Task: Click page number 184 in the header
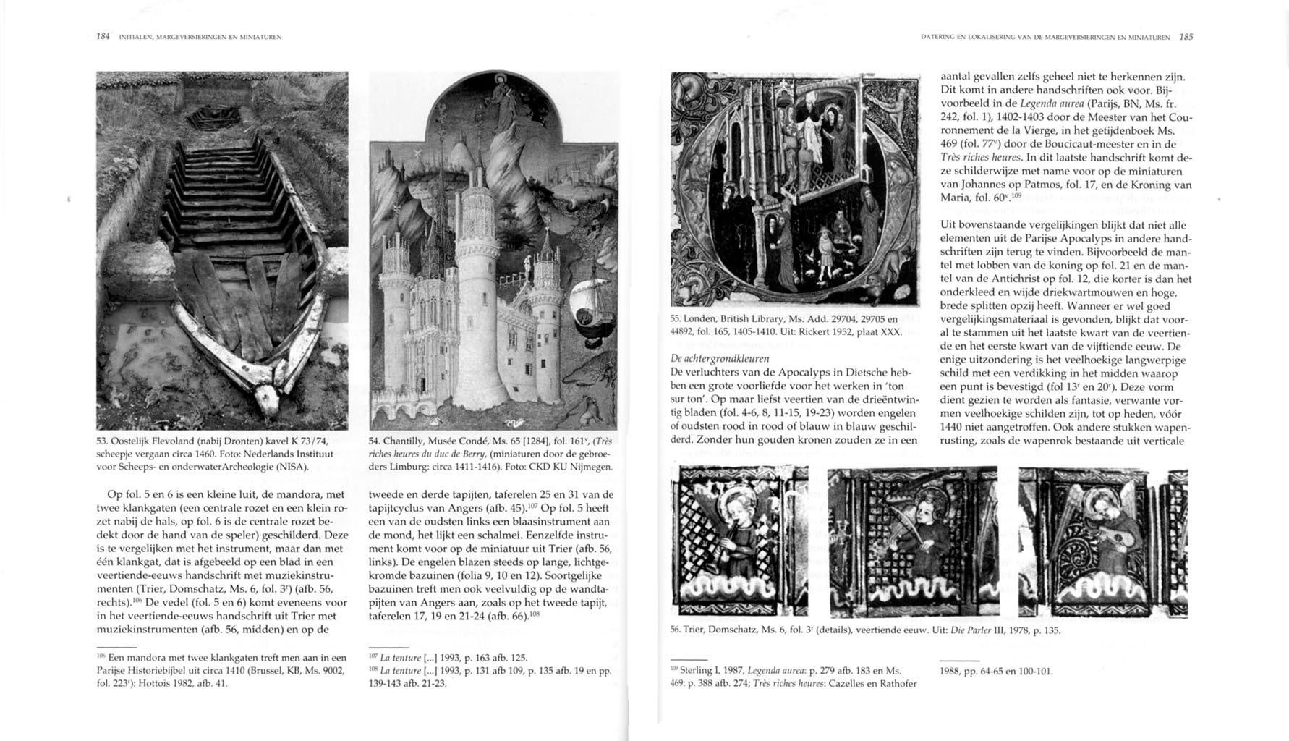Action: (x=103, y=36)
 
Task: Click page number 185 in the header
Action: (x=1186, y=37)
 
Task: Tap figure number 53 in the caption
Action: (x=102, y=441)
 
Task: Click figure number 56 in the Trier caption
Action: (x=676, y=630)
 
